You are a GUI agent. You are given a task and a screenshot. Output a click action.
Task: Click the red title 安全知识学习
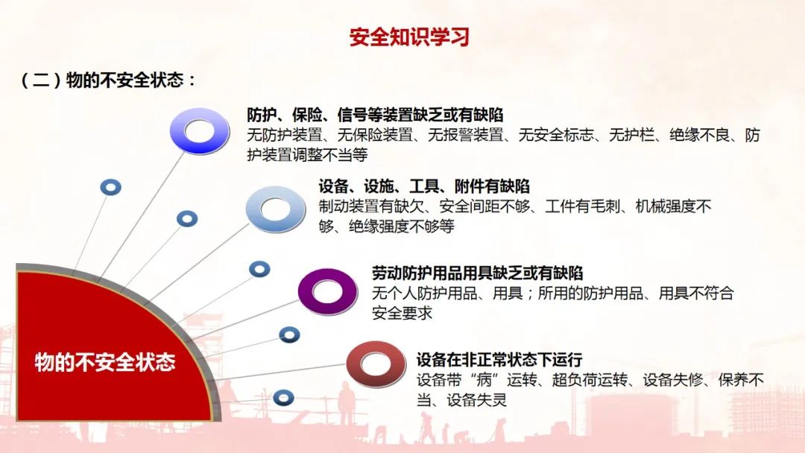(x=409, y=37)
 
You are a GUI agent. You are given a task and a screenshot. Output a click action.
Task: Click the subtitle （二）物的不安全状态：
(x=108, y=80)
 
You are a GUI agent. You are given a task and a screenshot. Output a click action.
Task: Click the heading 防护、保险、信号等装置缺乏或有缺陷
(x=375, y=115)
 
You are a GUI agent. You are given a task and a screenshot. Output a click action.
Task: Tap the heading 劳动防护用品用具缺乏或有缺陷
(x=478, y=273)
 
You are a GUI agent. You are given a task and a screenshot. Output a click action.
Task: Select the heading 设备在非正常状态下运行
(x=499, y=360)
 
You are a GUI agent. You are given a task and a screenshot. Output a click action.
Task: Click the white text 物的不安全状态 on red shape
(x=105, y=362)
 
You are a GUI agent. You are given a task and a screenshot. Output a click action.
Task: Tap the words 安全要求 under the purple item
(x=402, y=312)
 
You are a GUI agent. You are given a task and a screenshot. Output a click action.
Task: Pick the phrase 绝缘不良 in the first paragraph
(x=699, y=135)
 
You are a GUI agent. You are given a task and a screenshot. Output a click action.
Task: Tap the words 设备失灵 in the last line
(x=476, y=399)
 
